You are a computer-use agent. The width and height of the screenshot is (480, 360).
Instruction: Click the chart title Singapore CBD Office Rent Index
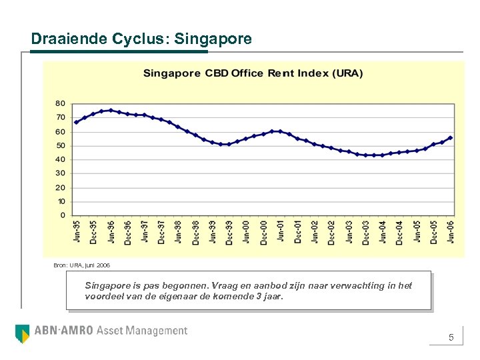click(x=253, y=73)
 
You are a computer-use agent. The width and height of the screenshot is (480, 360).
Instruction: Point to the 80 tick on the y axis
click(x=60, y=103)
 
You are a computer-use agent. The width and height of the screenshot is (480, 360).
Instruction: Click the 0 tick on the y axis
click(x=63, y=215)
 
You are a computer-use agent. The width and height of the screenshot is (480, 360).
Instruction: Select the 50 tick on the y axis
click(x=60, y=145)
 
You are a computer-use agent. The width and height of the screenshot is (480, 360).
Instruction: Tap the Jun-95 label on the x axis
click(x=76, y=232)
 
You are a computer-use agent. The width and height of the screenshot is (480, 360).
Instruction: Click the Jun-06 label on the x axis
click(x=451, y=232)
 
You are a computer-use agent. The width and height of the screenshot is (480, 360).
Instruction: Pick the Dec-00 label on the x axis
click(x=263, y=232)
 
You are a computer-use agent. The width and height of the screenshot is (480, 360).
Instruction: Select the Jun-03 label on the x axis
click(x=349, y=232)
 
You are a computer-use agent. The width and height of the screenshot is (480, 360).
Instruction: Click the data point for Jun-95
click(x=76, y=122)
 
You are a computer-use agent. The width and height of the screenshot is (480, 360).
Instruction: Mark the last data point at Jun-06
click(x=451, y=138)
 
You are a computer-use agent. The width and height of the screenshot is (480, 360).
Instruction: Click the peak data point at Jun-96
click(x=111, y=111)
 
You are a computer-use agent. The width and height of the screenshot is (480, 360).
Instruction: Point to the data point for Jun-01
click(x=281, y=131)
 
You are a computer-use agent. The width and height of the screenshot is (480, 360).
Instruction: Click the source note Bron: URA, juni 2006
click(x=82, y=265)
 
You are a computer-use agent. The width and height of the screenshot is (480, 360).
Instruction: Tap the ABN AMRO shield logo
click(x=22, y=333)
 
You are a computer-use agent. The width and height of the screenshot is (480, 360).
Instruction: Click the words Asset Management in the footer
click(x=142, y=331)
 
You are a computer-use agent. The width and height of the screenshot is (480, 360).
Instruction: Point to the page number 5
click(x=451, y=338)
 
